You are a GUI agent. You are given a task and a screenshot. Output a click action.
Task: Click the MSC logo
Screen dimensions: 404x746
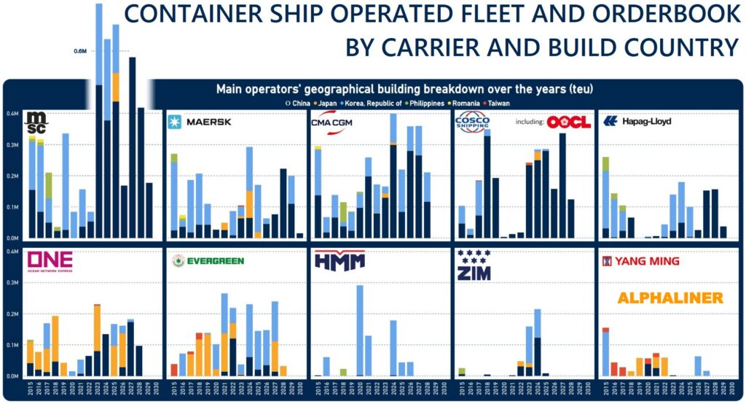[37, 120]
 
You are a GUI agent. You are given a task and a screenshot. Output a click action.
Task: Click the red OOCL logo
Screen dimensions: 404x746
[568, 122]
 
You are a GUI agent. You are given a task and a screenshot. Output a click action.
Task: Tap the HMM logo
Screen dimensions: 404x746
[339, 261]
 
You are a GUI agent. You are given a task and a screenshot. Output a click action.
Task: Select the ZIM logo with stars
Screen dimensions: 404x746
[474, 266]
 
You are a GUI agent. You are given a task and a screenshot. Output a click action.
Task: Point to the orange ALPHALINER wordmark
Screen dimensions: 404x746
[670, 298]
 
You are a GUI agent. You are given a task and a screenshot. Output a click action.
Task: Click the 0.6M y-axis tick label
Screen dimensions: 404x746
[80, 51]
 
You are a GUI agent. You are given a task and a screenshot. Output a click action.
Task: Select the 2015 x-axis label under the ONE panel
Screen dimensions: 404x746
[30, 387]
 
